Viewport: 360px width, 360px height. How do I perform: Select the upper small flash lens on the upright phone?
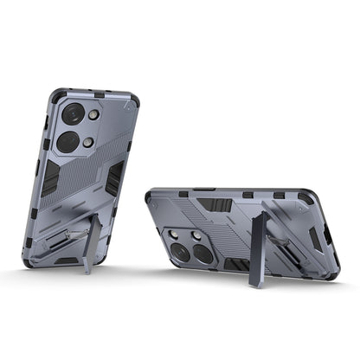[x=93, y=114]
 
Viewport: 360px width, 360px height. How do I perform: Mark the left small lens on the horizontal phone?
[x=183, y=234]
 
